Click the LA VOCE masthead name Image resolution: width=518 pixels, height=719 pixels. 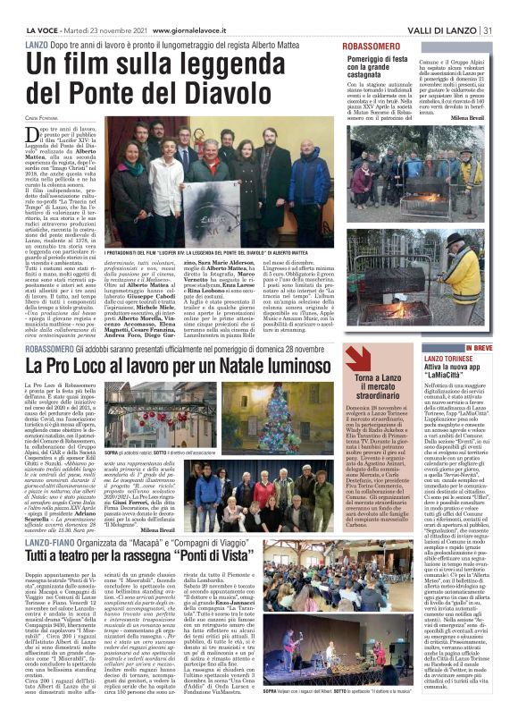(x=24, y=6)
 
